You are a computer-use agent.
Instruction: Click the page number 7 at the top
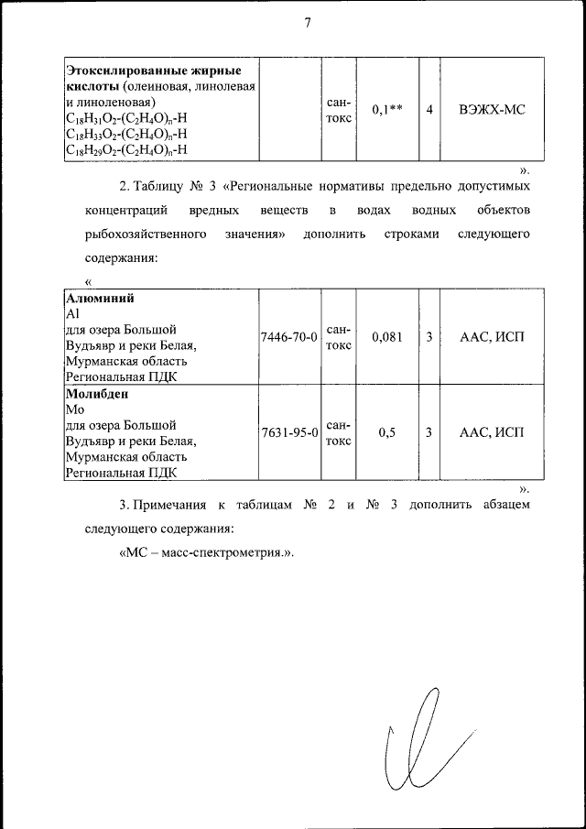(308, 25)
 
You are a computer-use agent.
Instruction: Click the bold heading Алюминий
(96, 298)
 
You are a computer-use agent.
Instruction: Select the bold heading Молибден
(96, 395)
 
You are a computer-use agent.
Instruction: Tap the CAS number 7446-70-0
(288, 337)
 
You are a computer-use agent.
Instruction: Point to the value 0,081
(387, 337)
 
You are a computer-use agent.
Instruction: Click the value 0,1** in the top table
(387, 111)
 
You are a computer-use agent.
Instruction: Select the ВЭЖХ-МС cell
(492, 111)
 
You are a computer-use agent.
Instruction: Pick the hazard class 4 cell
(429, 111)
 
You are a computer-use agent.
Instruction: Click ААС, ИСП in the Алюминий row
(492, 337)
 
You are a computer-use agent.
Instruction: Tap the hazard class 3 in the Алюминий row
(429, 337)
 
